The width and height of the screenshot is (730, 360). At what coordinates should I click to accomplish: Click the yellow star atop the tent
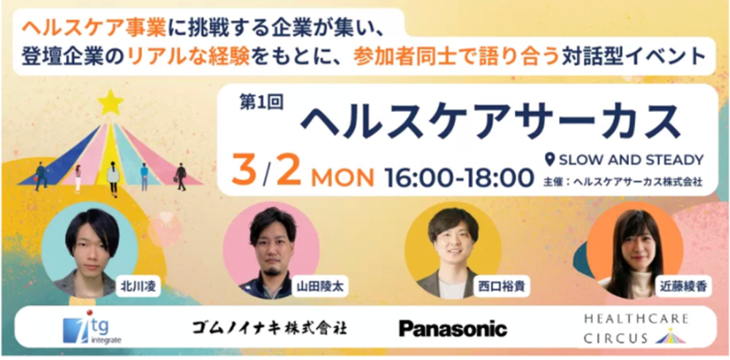coord(110,102)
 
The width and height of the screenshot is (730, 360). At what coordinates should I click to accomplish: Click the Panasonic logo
coord(453,329)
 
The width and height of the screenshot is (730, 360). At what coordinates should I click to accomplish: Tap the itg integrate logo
coord(92,330)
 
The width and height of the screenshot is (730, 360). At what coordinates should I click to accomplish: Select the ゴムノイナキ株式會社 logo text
coord(269,329)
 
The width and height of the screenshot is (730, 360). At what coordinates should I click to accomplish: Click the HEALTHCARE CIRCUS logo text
coord(636,329)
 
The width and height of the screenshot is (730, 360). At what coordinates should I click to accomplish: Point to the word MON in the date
coord(343,177)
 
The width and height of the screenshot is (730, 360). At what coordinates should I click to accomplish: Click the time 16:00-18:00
coord(459,177)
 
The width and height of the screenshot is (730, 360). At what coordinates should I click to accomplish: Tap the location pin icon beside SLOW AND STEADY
coord(550,160)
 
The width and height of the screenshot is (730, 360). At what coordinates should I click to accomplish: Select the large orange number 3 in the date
coord(245,171)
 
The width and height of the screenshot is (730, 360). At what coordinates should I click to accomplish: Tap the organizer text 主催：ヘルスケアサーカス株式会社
coord(622,181)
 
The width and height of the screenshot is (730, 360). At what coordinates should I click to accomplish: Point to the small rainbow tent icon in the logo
coord(671,337)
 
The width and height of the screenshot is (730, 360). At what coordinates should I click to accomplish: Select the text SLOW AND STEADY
coord(631,160)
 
